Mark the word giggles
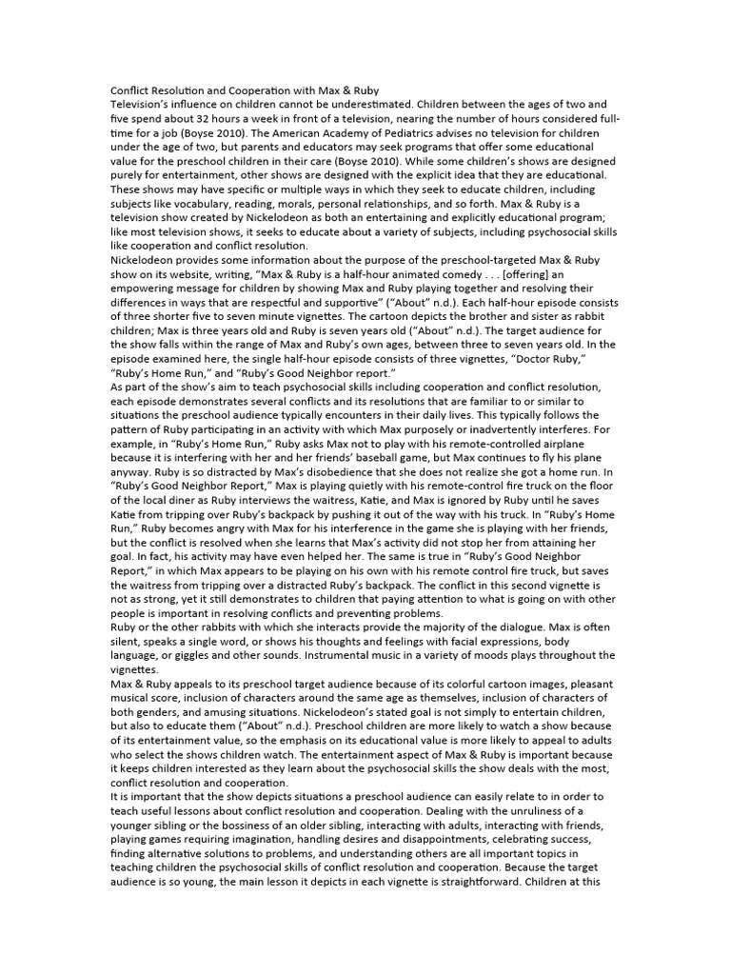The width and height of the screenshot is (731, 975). [x=199, y=656]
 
